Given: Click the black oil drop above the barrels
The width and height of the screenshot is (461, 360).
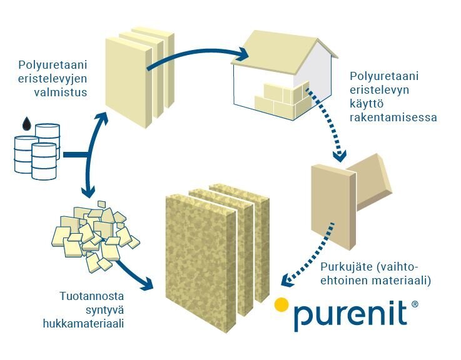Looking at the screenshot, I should (x=26, y=124).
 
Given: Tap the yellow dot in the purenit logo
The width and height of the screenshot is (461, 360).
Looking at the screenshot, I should (x=281, y=304).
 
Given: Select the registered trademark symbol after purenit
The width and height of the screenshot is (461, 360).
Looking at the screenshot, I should (x=414, y=305).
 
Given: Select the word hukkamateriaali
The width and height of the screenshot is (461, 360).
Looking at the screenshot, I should (x=78, y=323).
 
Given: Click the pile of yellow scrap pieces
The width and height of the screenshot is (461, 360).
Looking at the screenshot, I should (x=94, y=234).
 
